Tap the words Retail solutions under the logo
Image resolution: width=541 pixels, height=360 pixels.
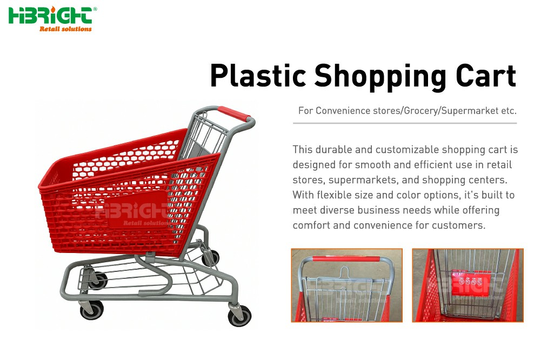click(x=65, y=29)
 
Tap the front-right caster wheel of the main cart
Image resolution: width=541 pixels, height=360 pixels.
click(x=239, y=316)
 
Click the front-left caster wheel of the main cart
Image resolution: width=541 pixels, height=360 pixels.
click(x=91, y=310)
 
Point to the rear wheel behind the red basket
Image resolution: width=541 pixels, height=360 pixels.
click(x=211, y=258)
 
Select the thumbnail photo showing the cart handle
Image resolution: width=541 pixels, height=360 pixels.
click(x=346, y=285)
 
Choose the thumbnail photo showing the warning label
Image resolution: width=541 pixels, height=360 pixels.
click(x=467, y=285)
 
